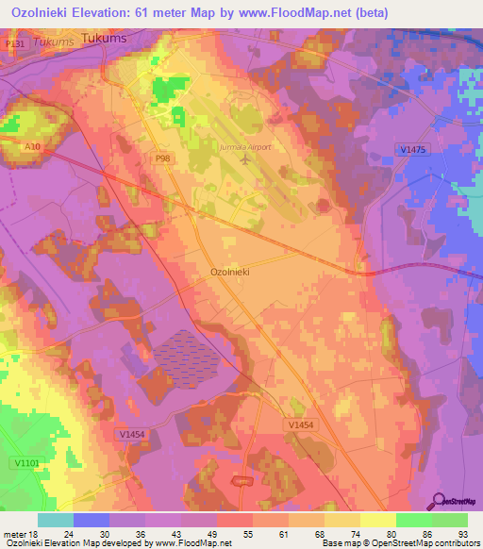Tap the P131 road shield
(x=13, y=44)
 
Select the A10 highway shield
(x=34, y=146)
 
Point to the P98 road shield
(x=136, y=159)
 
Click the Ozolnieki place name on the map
(x=228, y=271)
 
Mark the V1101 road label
(x=26, y=462)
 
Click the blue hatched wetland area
(x=186, y=357)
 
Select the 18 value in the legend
(x=31, y=533)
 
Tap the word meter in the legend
(x=13, y=533)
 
